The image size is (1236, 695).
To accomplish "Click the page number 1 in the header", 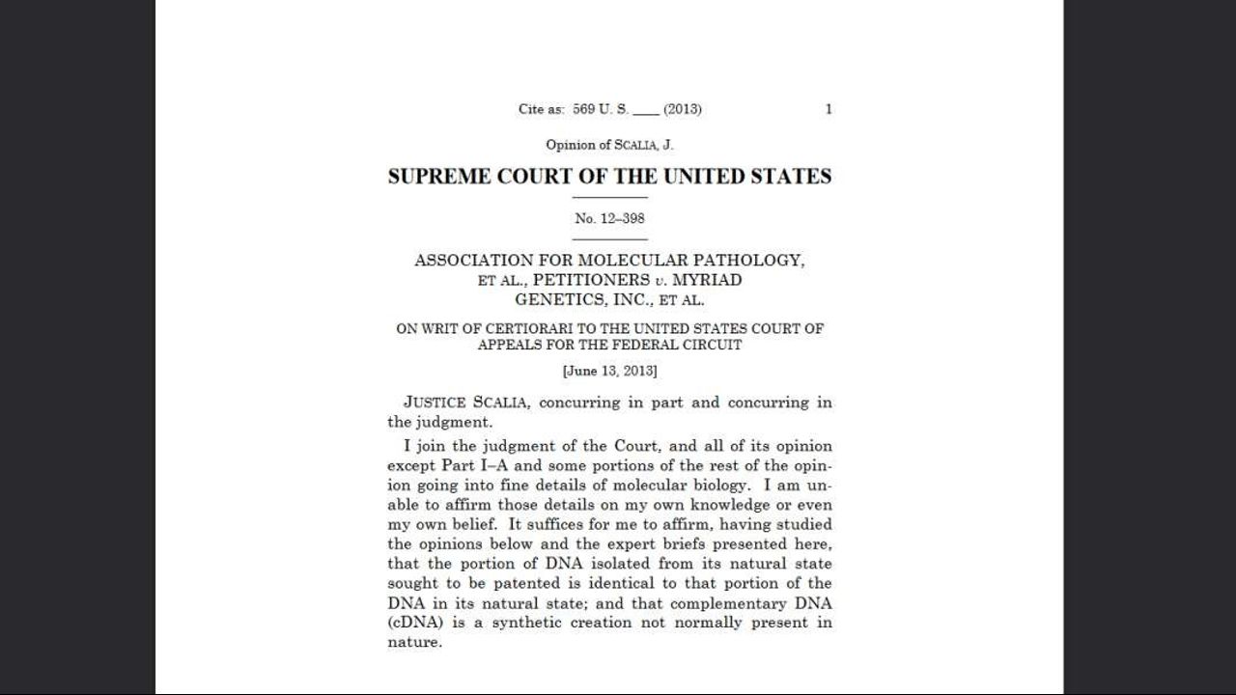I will pyautogui.click(x=829, y=109).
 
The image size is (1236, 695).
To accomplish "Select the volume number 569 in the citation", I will pyautogui.click(x=583, y=109).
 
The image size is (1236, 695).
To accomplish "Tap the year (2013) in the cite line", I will pyautogui.click(x=683, y=109).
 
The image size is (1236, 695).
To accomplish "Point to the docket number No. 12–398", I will pyautogui.click(x=609, y=218).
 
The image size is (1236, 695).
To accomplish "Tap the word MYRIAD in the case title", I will pyautogui.click(x=707, y=280).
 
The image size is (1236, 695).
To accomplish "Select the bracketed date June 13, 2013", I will pyautogui.click(x=609, y=371).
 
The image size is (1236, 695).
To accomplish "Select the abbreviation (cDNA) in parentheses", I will pyautogui.click(x=413, y=623).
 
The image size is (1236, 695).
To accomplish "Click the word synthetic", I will pyautogui.click(x=527, y=623).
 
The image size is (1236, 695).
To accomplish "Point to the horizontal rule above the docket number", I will pyautogui.click(x=609, y=198).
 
